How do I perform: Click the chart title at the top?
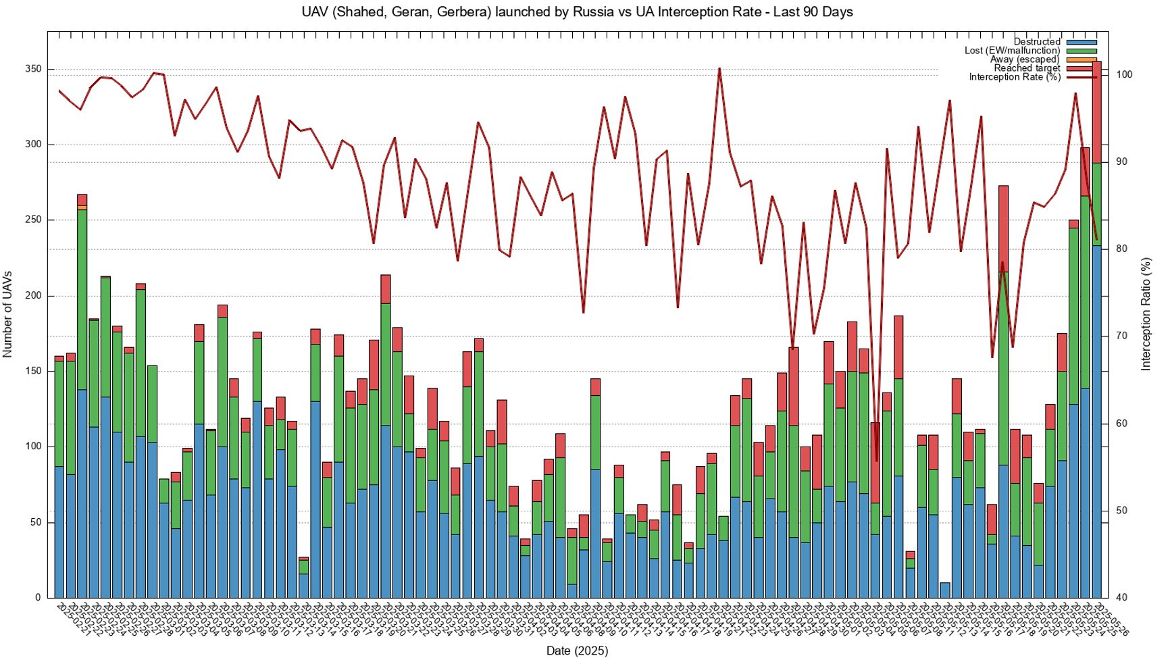(x=577, y=12)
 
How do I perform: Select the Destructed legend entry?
(x=1037, y=42)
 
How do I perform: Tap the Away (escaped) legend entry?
(x=1025, y=59)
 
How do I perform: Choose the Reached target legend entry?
(x=1027, y=68)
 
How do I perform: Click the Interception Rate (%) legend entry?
(x=1015, y=77)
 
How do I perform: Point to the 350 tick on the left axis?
(x=34, y=69)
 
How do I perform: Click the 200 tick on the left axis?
(x=34, y=296)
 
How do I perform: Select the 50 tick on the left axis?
(x=36, y=522)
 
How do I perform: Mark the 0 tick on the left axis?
(x=39, y=598)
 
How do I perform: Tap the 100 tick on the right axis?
(x=1124, y=75)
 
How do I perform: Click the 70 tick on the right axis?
(x=1121, y=336)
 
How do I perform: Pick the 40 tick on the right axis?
(x=1121, y=598)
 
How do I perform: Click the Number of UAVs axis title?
(x=8, y=314)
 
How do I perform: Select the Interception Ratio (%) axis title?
(x=1146, y=314)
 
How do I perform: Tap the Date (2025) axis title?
(x=577, y=651)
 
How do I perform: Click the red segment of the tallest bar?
(x=1096, y=111)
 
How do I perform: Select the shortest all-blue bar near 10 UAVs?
(x=944, y=590)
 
